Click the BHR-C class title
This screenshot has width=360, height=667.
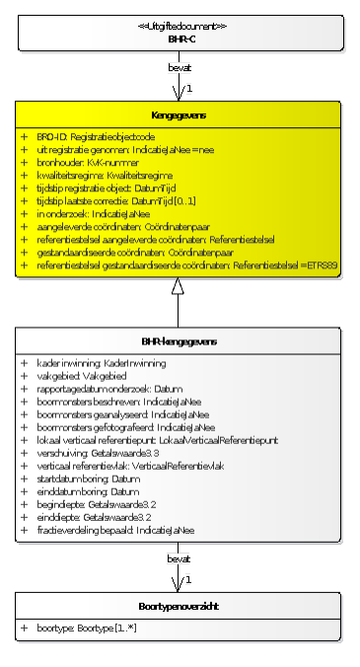pyautogui.click(x=179, y=38)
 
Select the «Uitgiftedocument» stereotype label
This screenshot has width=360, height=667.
pyautogui.click(x=179, y=26)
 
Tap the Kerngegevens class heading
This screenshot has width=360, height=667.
pyautogui.click(x=179, y=115)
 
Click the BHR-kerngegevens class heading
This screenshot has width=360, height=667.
pyautogui.click(x=179, y=341)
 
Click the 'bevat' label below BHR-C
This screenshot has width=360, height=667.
pyautogui.click(x=179, y=67)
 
